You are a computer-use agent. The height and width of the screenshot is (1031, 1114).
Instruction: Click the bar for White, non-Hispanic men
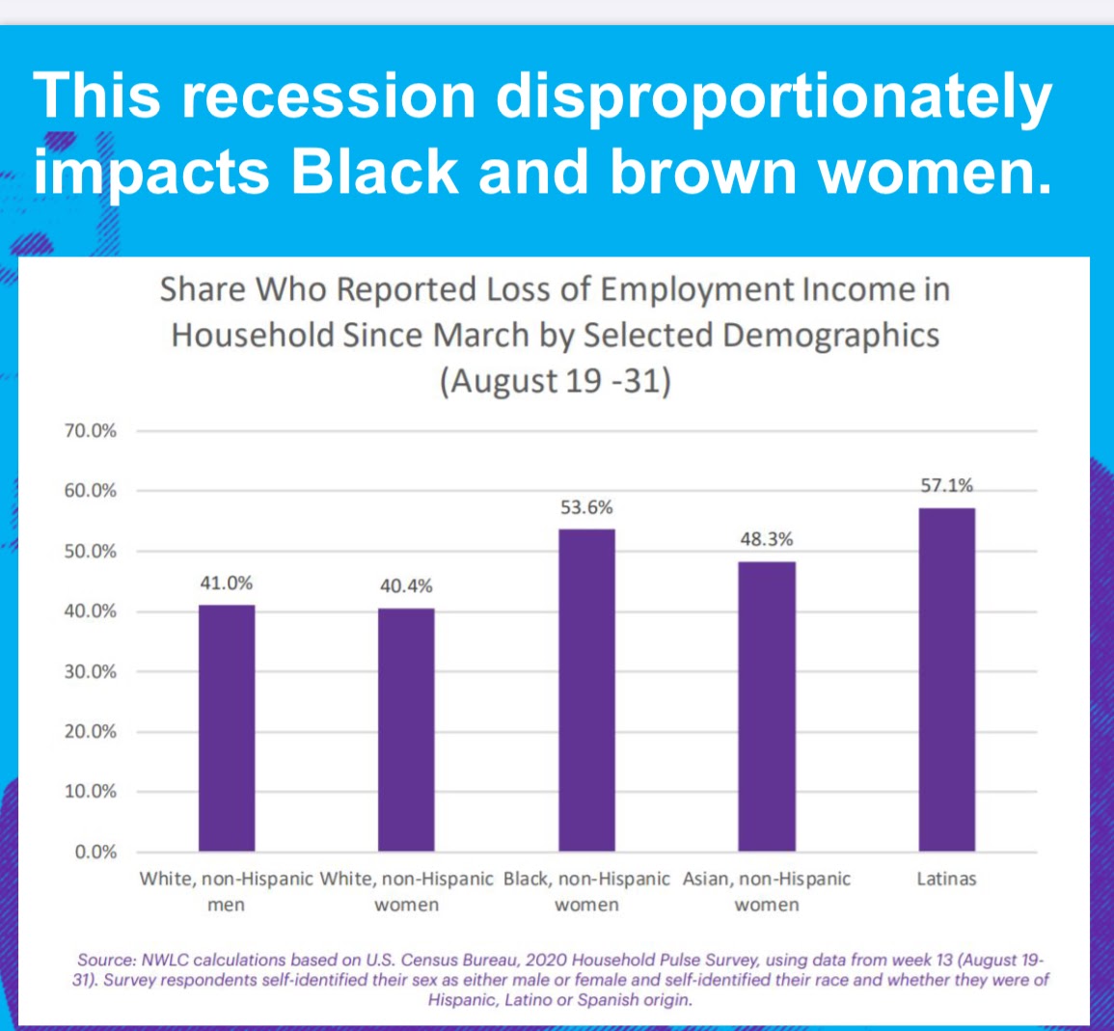tap(227, 728)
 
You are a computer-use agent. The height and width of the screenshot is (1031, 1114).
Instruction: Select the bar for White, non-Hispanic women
tap(406, 730)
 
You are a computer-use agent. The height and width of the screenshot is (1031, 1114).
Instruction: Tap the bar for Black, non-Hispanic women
tap(586, 691)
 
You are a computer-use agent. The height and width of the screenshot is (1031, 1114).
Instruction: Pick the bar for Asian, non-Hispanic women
tap(767, 707)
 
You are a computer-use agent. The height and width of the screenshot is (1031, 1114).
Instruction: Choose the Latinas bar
tap(946, 680)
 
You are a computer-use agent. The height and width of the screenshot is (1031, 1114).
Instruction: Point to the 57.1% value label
tap(946, 486)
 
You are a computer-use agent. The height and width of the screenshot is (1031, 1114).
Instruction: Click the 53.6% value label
tap(586, 507)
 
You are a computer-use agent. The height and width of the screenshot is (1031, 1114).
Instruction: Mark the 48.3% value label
tap(767, 540)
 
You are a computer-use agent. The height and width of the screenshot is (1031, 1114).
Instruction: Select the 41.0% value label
tap(227, 583)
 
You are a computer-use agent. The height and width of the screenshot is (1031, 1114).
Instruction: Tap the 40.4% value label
tap(406, 586)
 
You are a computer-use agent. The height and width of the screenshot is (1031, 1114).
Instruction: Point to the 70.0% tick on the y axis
tap(91, 431)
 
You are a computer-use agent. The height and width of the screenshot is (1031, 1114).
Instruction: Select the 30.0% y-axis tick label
tap(91, 672)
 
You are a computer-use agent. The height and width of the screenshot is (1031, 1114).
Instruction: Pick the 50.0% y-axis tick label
tap(91, 552)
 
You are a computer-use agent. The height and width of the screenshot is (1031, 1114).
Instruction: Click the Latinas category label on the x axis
tap(946, 880)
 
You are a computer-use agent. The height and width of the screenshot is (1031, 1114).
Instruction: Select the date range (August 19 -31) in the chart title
tap(556, 382)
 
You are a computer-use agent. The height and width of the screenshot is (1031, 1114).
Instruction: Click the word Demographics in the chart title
tap(830, 336)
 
